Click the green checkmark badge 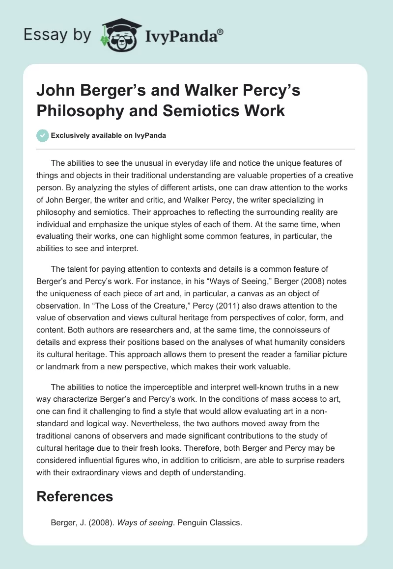[43, 136]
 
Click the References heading [75, 496]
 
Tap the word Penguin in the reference [196, 522]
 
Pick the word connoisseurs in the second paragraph [294, 329]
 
